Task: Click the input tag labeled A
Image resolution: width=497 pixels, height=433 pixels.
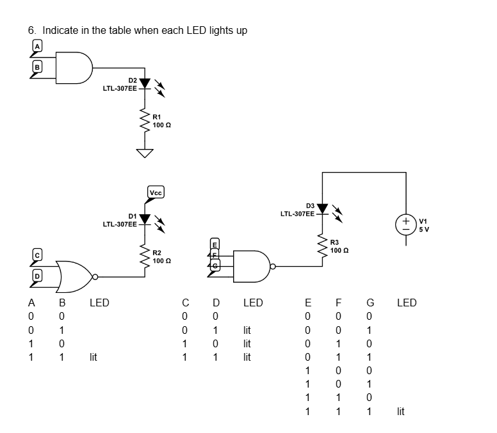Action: pos(37,46)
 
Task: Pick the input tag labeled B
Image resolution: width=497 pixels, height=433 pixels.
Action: pos(37,67)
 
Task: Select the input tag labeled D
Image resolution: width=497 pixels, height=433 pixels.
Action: pos(37,276)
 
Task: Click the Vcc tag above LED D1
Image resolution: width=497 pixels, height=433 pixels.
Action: pos(156,191)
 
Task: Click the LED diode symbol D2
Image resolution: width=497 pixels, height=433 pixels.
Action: pos(145,83)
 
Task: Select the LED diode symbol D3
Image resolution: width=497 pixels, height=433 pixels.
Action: pos(322,209)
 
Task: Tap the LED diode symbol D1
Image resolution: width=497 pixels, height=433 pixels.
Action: pos(145,219)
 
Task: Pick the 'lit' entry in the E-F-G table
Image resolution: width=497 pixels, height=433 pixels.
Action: pos(400,412)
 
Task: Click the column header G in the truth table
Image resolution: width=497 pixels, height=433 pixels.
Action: pos(369,303)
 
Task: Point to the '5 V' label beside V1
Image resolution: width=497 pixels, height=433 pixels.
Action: pos(425,229)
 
